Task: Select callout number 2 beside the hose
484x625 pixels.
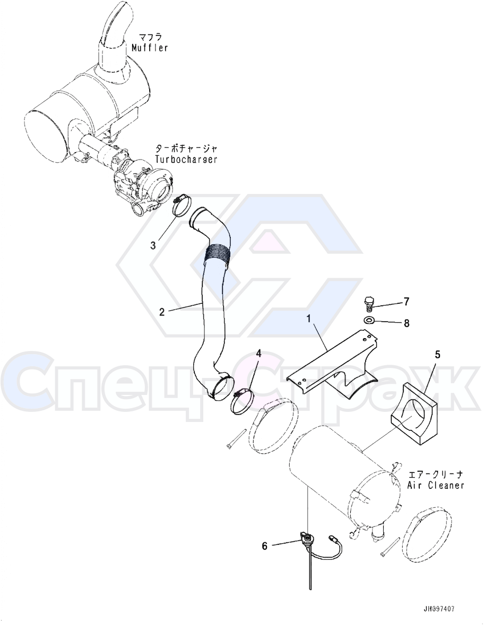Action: click(162, 311)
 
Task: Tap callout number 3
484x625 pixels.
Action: click(153, 245)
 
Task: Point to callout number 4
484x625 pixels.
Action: click(258, 353)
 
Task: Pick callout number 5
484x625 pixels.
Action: click(437, 354)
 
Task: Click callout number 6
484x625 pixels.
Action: click(264, 545)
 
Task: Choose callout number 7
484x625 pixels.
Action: click(407, 302)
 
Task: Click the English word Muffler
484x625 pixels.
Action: click(150, 48)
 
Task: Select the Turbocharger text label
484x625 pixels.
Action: click(186, 160)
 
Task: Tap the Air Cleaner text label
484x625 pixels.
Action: click(436, 485)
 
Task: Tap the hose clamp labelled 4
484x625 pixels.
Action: click(242, 402)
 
